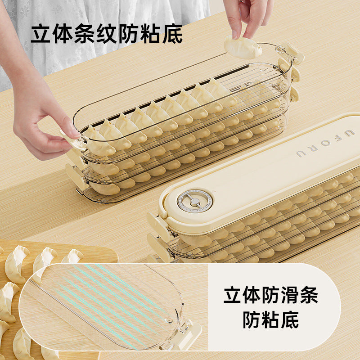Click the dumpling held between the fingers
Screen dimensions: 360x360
[243, 47]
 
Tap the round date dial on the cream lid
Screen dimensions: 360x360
[194, 200]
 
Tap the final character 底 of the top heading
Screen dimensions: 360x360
[173, 34]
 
